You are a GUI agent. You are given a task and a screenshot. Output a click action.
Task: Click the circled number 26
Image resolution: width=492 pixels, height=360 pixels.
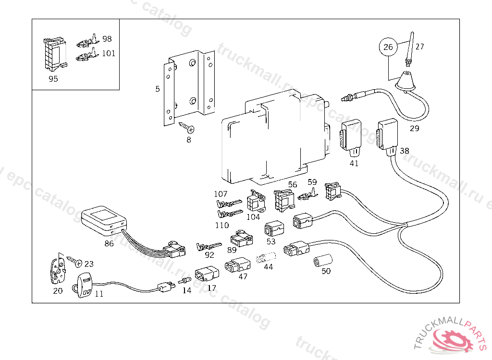point(388,47)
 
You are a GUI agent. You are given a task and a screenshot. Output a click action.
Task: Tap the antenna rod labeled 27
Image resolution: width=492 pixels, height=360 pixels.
point(410,48)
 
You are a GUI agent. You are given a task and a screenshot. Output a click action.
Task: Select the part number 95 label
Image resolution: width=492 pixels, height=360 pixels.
point(53,79)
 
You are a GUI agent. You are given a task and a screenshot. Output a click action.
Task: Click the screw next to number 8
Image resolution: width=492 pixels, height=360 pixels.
point(187,127)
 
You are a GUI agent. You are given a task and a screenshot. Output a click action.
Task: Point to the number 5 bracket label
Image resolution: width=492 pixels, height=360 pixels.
point(158,89)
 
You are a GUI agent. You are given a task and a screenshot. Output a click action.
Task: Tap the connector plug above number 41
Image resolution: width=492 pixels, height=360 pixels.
point(351,137)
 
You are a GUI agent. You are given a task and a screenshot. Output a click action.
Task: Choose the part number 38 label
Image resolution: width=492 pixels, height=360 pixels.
point(405,151)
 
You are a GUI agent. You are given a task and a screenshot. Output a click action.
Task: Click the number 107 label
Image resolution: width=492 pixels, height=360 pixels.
point(221,194)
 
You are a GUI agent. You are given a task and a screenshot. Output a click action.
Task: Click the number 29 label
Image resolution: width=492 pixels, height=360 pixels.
point(414,128)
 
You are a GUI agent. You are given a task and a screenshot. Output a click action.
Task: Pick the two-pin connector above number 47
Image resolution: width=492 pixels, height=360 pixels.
point(237,265)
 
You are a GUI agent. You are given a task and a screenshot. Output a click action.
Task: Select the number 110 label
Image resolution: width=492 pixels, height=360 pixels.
point(222,225)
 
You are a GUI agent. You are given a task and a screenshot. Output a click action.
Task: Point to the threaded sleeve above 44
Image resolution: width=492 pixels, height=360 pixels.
point(266,257)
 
